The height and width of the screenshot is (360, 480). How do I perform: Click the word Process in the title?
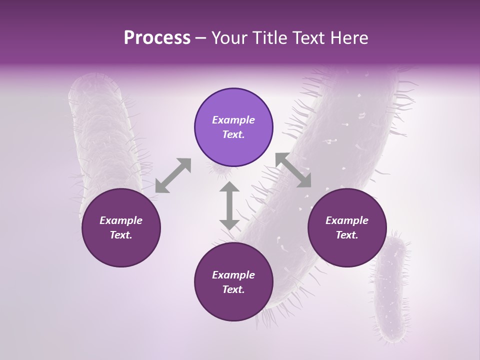pyautogui.click(x=157, y=37)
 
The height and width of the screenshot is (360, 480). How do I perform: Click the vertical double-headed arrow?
pyautogui.click(x=229, y=205)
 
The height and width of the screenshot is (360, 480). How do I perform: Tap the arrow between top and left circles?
pyautogui.click(x=173, y=175)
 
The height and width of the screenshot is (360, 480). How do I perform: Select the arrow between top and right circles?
pyautogui.click(x=293, y=170)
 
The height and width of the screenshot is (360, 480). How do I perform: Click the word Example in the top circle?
pyautogui.click(x=233, y=120)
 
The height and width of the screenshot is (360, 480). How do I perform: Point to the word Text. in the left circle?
pyautogui.click(x=121, y=235)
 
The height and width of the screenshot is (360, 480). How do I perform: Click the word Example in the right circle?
pyautogui.click(x=347, y=220)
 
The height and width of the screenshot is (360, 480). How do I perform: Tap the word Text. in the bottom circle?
pyautogui.click(x=233, y=289)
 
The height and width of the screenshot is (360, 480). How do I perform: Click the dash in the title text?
pyautogui.click(x=201, y=38)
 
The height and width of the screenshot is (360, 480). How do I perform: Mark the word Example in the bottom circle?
pyautogui.click(x=233, y=275)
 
